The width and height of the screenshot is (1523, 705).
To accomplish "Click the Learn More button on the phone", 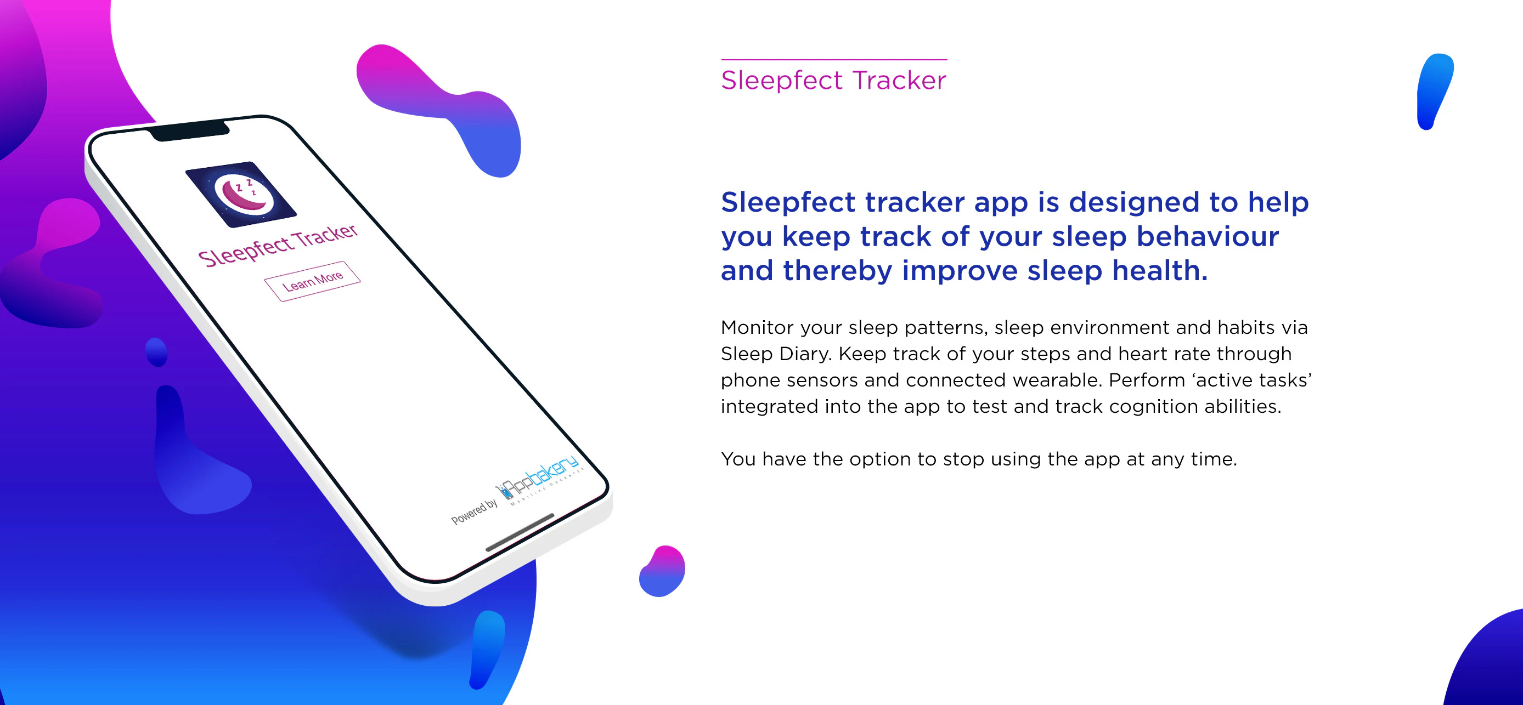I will [x=312, y=281].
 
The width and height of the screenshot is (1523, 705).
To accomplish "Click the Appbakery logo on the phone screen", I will [x=538, y=478].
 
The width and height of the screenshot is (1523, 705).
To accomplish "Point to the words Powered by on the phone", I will [x=473, y=512].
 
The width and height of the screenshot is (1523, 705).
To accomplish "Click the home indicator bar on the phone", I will [x=520, y=532].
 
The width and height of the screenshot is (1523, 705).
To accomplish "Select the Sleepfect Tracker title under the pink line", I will [x=833, y=81].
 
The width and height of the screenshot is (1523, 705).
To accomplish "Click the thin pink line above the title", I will [x=833, y=60].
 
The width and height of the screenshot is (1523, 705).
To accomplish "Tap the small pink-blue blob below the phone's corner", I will [x=662, y=571].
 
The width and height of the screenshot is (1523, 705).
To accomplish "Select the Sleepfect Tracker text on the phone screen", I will [x=278, y=245].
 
